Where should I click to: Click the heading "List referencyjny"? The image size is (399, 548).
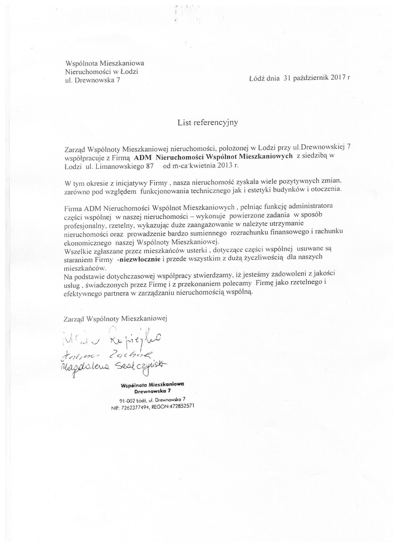208,123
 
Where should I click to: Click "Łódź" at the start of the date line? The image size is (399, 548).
256,78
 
